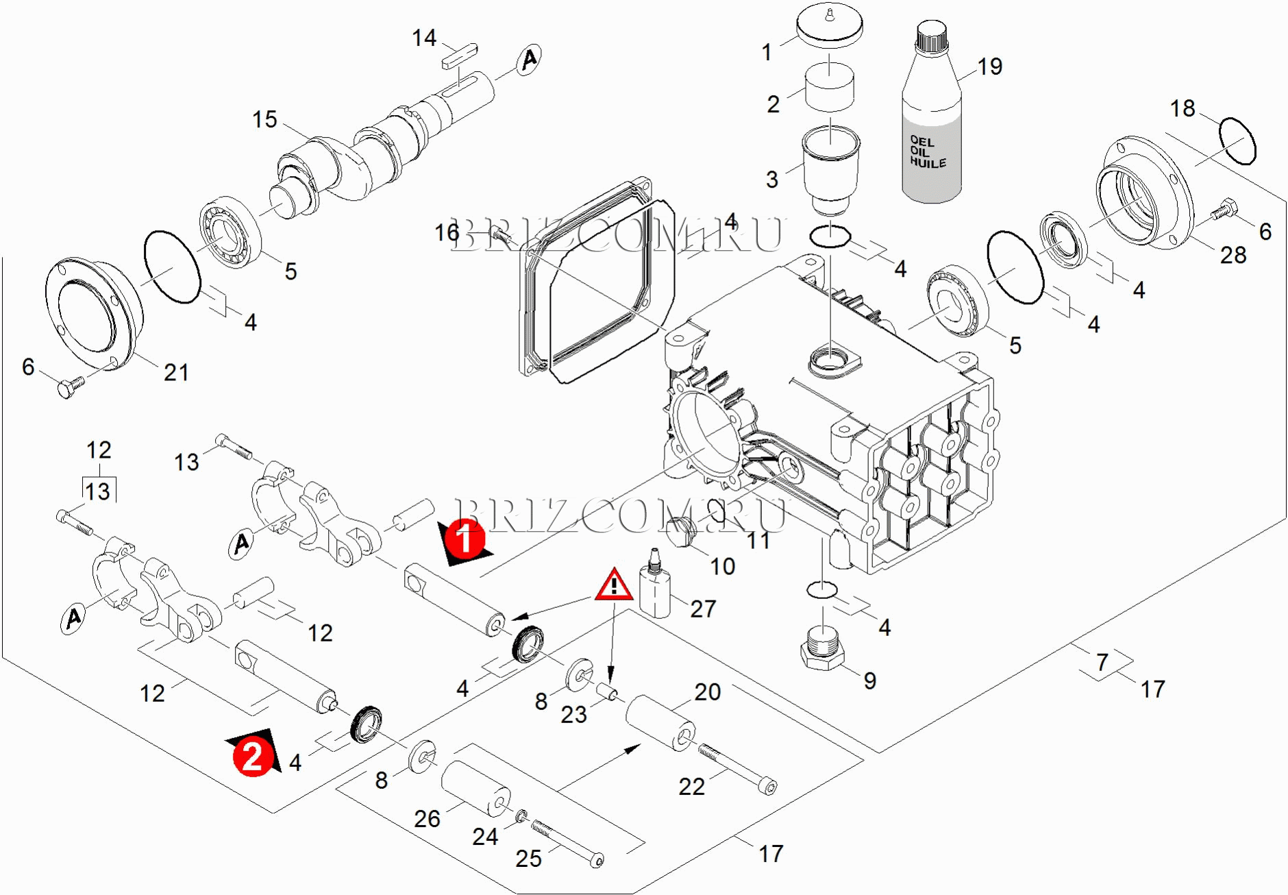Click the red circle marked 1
465,538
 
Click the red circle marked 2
253,757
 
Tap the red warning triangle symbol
614,586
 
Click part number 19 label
989,66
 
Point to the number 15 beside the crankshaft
264,120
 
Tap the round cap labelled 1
829,27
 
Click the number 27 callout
703,609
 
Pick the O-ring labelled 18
1237,141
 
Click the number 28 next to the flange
1233,255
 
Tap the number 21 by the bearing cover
176,372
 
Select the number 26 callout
427,818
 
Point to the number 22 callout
691,786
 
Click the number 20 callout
707,692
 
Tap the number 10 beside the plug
722,566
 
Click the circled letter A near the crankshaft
529,60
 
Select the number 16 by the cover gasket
447,233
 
